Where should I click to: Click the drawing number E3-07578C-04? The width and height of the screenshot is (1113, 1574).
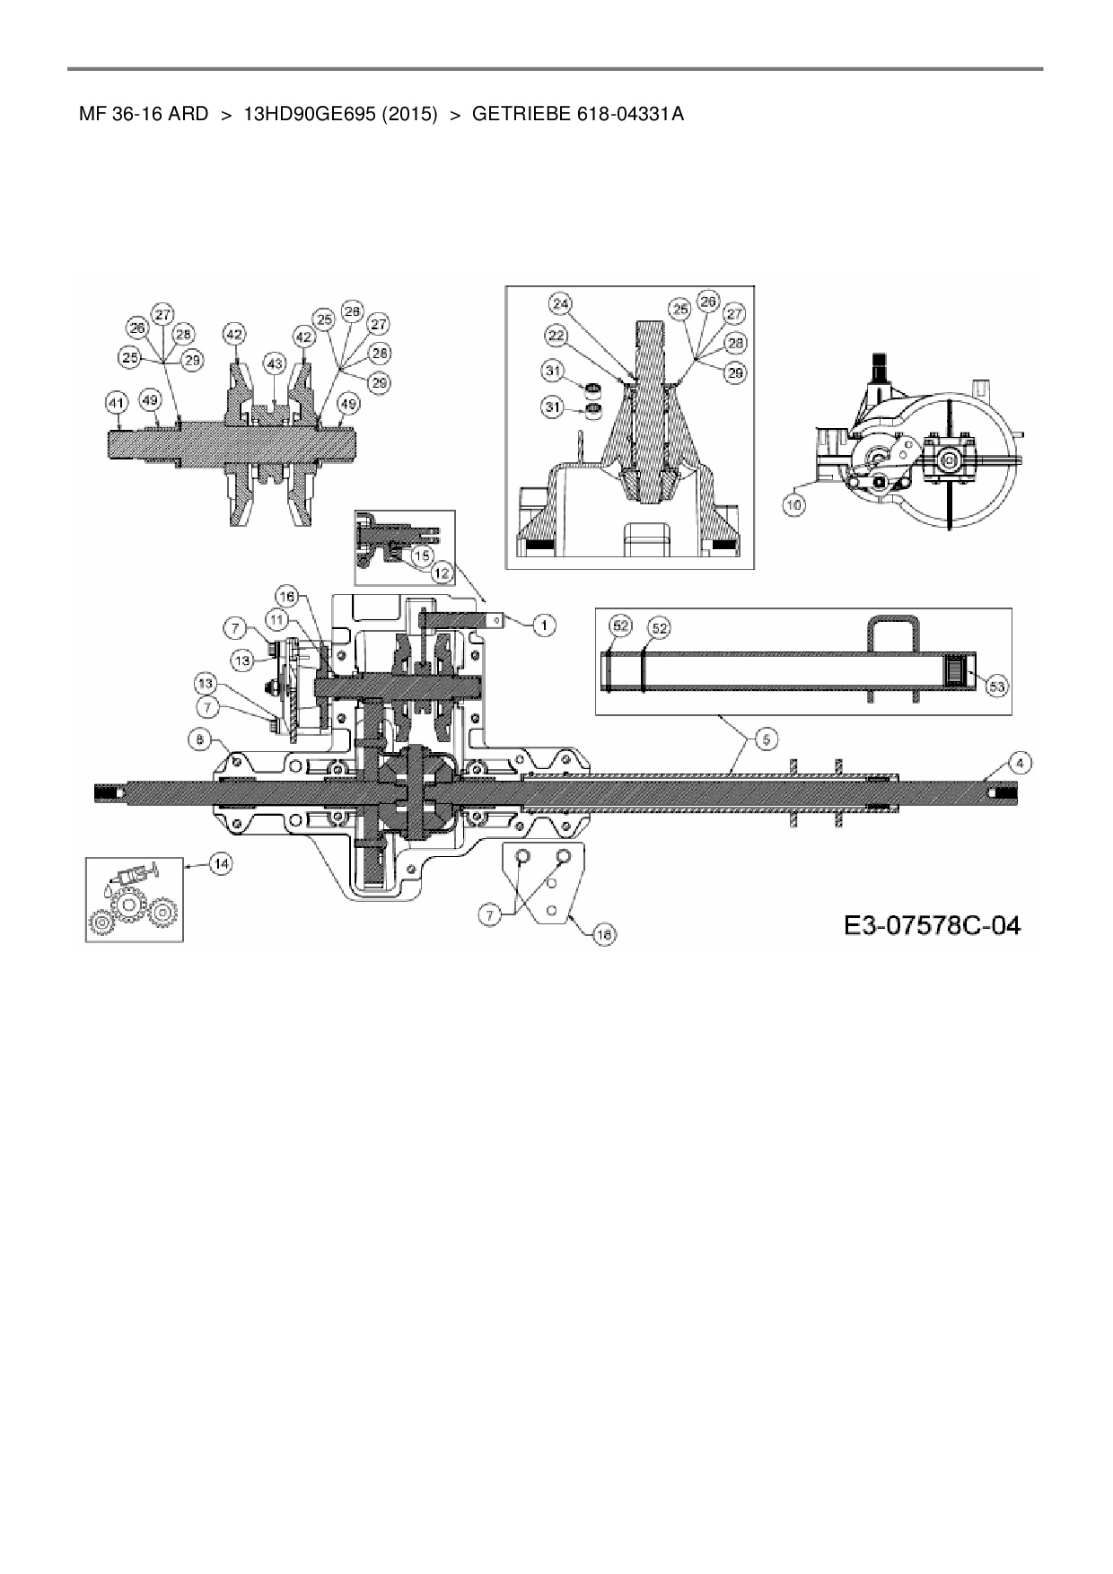pos(932,924)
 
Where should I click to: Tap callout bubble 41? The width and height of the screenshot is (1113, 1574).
pos(116,404)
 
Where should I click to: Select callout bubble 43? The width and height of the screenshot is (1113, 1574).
pos(274,363)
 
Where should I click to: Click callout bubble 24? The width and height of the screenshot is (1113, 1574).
pos(561,304)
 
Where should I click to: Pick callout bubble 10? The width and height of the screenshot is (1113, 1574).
pos(793,505)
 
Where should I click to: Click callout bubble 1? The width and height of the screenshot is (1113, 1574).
pos(542,625)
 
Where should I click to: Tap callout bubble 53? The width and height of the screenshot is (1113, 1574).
pos(996,686)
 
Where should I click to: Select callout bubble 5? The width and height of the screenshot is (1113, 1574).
pos(766,739)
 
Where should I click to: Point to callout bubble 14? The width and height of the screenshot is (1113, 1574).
pos(220,863)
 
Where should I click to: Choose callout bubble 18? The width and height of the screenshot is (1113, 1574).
pos(605,935)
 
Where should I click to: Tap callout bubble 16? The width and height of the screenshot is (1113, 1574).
pos(285,597)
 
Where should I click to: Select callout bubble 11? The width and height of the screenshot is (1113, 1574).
pos(276,618)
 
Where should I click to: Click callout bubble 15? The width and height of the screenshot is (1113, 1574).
pos(423,556)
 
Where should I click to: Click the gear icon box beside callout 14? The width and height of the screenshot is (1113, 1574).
pos(135,899)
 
